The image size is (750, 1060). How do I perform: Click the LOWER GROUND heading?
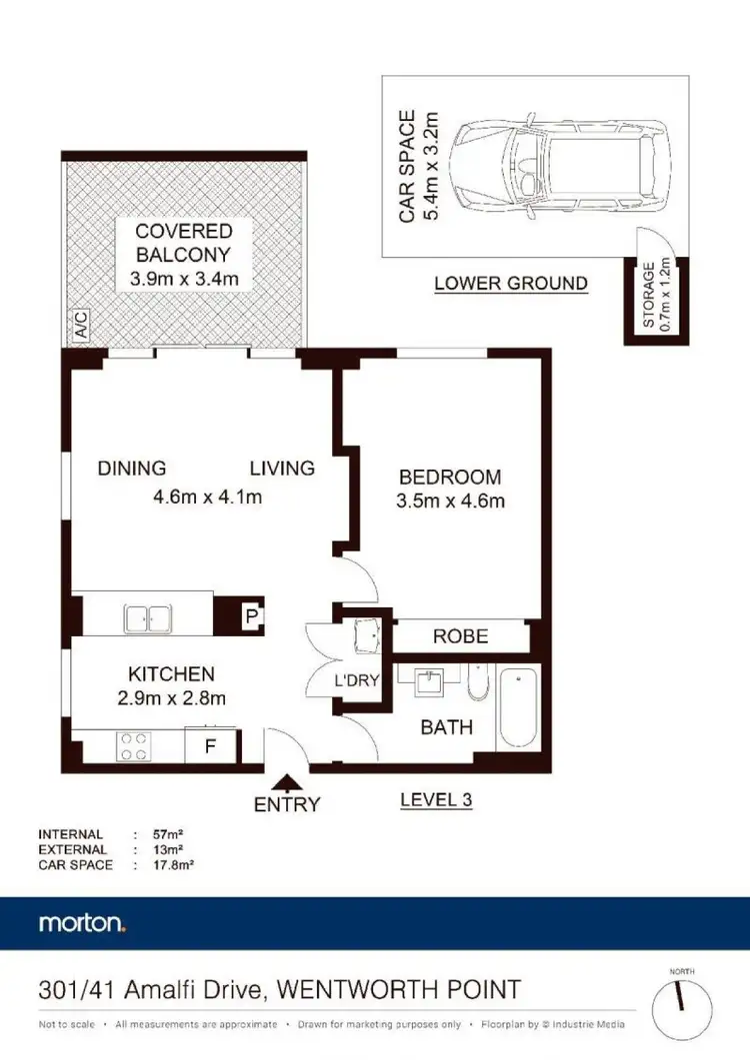(x=511, y=284)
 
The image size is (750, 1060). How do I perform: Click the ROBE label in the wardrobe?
(x=460, y=636)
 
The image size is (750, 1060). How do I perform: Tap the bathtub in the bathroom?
(x=518, y=709)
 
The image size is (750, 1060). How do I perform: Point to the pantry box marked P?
(x=251, y=617)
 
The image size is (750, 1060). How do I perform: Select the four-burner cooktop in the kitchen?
(x=134, y=745)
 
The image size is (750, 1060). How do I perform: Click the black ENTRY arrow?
(x=288, y=782)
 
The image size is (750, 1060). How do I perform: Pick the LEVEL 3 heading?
(x=435, y=799)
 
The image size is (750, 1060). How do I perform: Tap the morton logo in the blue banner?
(x=82, y=922)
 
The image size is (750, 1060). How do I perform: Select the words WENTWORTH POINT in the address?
(x=398, y=991)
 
